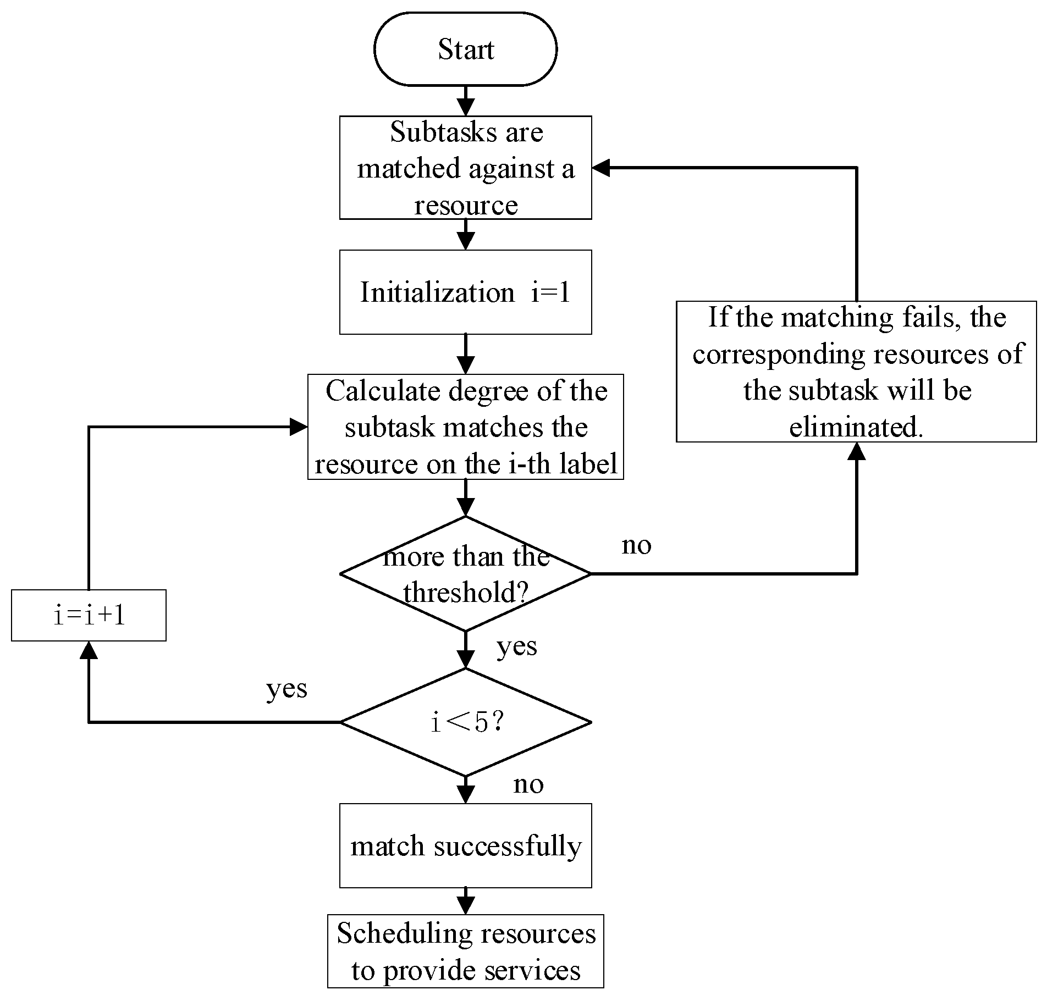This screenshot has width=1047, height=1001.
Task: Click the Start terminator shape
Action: tap(465, 49)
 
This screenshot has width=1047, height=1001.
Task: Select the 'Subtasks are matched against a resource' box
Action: tap(465, 168)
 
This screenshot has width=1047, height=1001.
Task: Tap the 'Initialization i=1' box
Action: tap(465, 292)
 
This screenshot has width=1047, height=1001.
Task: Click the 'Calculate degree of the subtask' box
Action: tap(465, 427)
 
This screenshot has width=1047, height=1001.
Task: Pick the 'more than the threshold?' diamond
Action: tap(465, 573)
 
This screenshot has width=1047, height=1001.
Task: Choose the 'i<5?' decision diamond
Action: tap(465, 722)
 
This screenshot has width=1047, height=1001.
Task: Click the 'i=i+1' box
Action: tap(89, 615)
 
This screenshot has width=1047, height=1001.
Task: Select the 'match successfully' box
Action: tap(465, 845)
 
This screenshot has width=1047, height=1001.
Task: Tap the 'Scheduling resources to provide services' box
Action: tap(465, 951)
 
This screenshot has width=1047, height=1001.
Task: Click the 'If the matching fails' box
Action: tap(856, 372)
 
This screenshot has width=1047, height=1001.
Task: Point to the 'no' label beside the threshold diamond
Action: tap(636, 545)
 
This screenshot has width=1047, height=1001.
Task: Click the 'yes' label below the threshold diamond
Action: tap(516, 646)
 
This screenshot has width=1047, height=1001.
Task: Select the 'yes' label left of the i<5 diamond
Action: tap(286, 689)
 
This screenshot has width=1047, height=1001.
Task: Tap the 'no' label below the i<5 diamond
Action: tap(528, 784)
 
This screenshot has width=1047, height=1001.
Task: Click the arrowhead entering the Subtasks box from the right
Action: tap(601, 168)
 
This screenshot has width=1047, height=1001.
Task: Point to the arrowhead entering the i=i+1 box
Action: tap(89, 650)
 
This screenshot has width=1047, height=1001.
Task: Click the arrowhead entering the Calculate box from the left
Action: tap(299, 427)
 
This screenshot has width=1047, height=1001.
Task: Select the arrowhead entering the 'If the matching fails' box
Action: tap(856, 451)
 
